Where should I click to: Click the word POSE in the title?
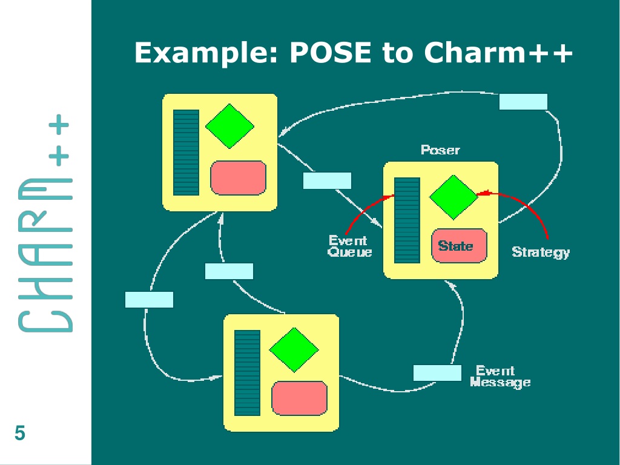(331, 52)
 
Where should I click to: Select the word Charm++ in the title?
(498, 52)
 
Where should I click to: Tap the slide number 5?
(20, 433)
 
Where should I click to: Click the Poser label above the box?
(440, 150)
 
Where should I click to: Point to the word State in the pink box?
(455, 246)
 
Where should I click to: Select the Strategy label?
(541, 252)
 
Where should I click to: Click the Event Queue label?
(349, 246)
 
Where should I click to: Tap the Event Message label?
(500, 376)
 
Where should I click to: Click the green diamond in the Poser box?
(453, 197)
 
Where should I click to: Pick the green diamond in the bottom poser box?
(294, 349)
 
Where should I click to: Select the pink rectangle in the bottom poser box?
(299, 398)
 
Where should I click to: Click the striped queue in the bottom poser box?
(247, 373)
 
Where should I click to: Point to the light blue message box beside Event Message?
(437, 373)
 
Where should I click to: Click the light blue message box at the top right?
(523, 102)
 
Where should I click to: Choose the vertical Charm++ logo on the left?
(45, 223)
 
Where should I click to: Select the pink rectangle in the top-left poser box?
(238, 178)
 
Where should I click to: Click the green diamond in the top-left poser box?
(229, 126)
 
